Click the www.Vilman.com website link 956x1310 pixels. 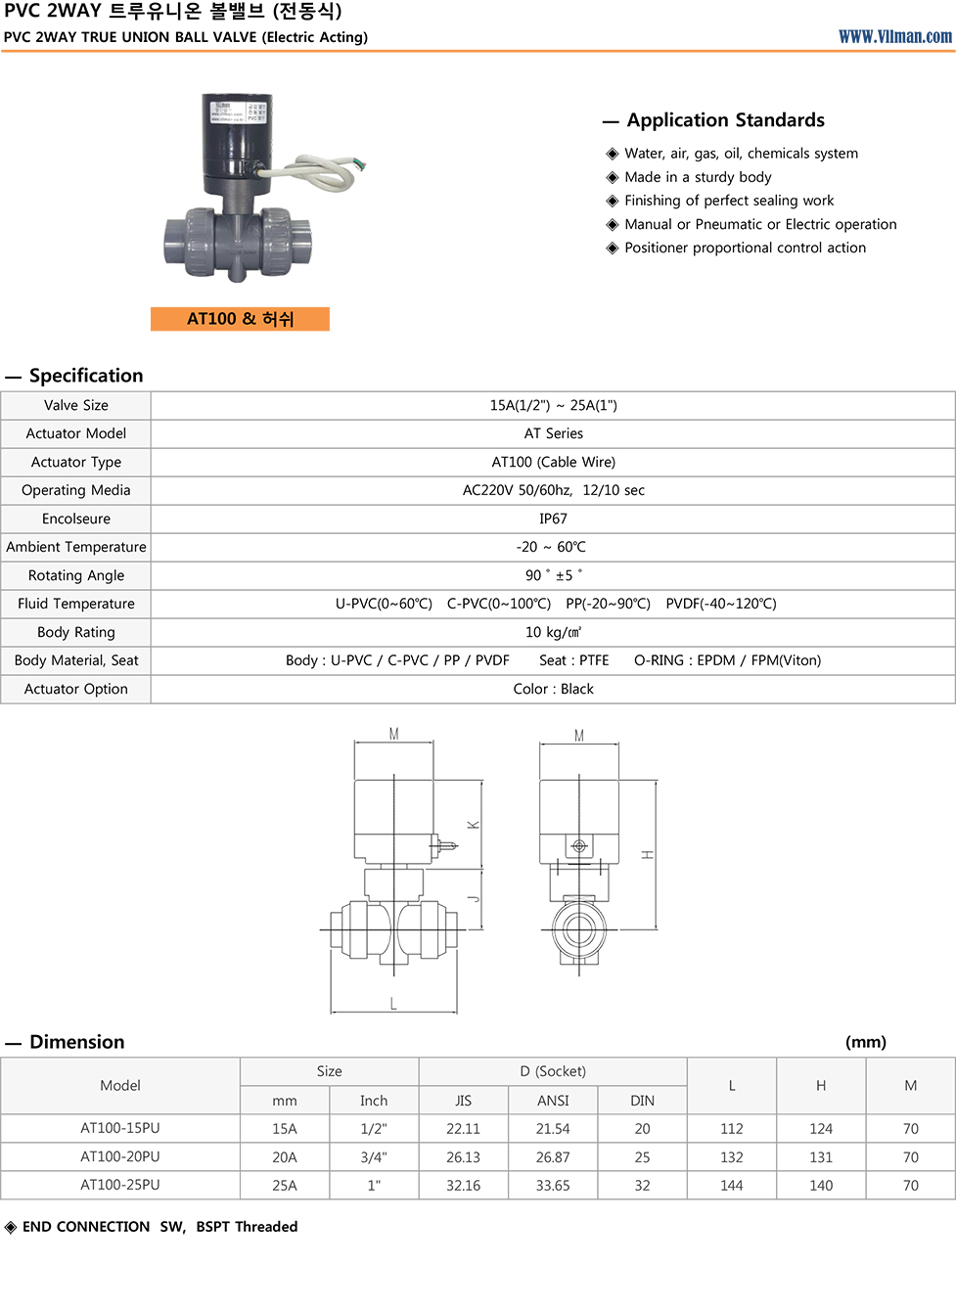click(x=894, y=36)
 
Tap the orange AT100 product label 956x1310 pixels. click(x=240, y=319)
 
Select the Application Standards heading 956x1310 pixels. click(x=725, y=120)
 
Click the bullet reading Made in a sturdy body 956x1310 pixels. click(x=698, y=177)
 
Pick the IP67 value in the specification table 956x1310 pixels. click(x=553, y=519)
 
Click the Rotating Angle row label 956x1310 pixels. click(x=76, y=575)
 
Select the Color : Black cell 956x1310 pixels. click(x=553, y=689)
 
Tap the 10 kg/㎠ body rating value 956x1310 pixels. click(x=553, y=632)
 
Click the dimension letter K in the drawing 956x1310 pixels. click(x=474, y=825)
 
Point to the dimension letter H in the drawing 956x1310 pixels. click(x=648, y=855)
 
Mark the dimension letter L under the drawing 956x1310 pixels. click(x=393, y=1004)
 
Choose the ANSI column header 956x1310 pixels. click(x=553, y=1101)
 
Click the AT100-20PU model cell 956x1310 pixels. click(x=120, y=1156)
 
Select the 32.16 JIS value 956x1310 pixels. click(x=463, y=1185)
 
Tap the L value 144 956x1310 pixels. click(x=732, y=1185)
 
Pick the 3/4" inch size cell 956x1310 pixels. click(x=374, y=1156)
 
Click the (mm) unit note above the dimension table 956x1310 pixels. click(x=866, y=1042)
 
